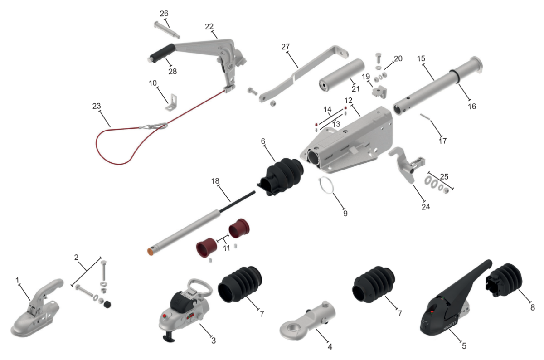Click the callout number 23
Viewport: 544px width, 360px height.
pyautogui.click(x=97, y=106)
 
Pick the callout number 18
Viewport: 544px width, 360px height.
pyautogui.click(x=215, y=181)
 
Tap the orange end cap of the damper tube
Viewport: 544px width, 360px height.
pyautogui.click(x=151, y=251)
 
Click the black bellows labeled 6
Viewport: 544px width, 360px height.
pyautogui.click(x=281, y=176)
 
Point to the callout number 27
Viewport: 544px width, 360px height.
pyautogui.click(x=286, y=46)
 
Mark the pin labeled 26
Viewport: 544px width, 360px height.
pyautogui.click(x=167, y=30)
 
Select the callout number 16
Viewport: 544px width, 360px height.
pyautogui.click(x=472, y=106)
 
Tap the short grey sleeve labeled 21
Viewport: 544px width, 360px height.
pyautogui.click(x=342, y=75)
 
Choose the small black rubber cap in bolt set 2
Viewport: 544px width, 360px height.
pyautogui.click(x=107, y=305)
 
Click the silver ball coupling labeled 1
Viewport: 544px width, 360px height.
pyautogui.click(x=36, y=309)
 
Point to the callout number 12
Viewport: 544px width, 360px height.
pyautogui.click(x=348, y=100)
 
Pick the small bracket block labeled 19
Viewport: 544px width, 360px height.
pyautogui.click(x=379, y=92)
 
